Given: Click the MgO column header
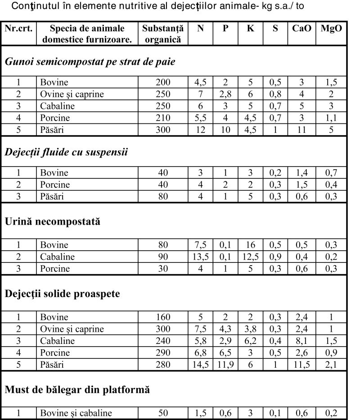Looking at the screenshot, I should coord(331,28).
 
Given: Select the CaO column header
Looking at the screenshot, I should coord(301,28).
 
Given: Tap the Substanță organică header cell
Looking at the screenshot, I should coord(162,33).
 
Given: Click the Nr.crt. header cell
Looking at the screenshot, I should coord(18,28).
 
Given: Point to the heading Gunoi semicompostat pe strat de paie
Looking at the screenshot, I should coord(90,62).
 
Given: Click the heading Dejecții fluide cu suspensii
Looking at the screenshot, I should coord(67,152).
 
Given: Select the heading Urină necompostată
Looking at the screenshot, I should coord(53,222).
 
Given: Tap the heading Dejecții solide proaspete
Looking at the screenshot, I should coord(63,294).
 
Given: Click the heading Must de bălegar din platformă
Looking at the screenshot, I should coord(77,389).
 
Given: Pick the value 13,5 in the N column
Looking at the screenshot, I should coord(200,257).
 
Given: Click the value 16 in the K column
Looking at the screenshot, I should coord(250,245).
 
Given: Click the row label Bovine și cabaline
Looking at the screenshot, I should coord(76,413).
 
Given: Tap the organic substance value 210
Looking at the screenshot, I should coord(162,118).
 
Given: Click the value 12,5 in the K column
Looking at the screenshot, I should coord(250,257).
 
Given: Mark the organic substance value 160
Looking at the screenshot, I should coord(162,317).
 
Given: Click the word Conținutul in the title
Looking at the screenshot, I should coord(36,7).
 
